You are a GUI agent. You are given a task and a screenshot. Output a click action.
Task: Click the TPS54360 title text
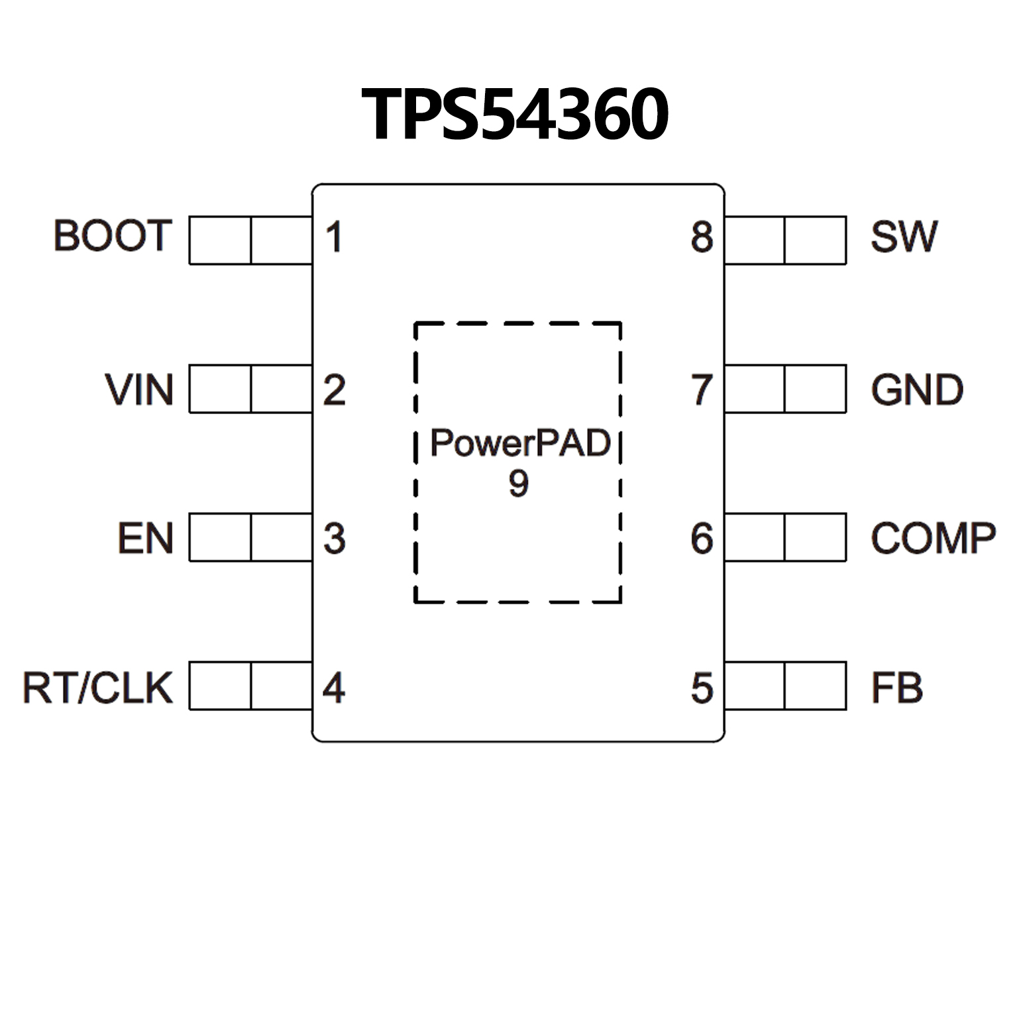click(515, 115)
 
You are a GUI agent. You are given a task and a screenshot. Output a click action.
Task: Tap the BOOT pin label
click(113, 236)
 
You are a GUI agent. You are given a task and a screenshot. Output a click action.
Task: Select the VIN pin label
click(139, 390)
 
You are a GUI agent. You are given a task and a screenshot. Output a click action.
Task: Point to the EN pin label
click(146, 538)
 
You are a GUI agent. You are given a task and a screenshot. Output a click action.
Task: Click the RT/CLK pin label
click(98, 688)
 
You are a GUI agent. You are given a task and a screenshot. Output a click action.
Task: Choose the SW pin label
click(904, 237)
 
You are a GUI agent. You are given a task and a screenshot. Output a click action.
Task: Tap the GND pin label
click(917, 390)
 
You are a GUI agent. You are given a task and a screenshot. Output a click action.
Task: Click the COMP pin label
click(933, 538)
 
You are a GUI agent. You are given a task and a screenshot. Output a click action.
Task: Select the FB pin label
click(896, 688)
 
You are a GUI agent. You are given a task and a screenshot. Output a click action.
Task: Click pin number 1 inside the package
click(335, 237)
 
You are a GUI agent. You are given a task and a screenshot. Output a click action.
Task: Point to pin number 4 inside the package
click(334, 688)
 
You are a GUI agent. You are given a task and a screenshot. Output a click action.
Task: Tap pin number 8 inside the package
click(702, 237)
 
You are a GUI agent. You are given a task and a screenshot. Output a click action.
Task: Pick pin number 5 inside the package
click(702, 688)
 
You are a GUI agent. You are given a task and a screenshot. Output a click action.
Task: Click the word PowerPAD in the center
click(520, 443)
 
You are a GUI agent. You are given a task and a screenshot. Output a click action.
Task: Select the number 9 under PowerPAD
click(519, 484)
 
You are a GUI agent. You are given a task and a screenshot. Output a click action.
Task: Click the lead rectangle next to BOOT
click(250, 240)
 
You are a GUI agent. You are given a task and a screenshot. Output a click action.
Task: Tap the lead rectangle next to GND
click(785, 389)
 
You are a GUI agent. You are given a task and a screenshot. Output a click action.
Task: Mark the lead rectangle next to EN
click(250, 537)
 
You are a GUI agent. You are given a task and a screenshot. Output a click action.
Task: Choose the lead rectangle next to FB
click(785, 686)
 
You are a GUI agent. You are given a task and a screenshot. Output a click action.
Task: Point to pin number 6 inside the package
click(702, 539)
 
